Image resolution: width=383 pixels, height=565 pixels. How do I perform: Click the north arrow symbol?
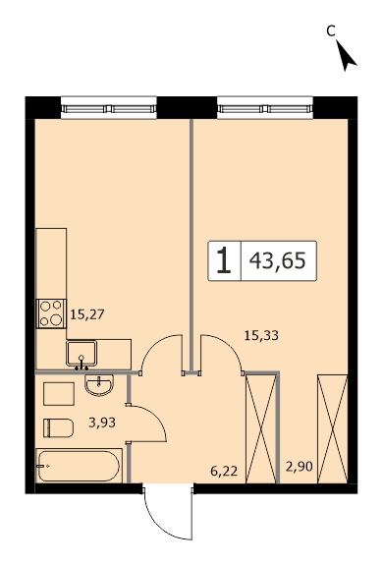click(346, 56)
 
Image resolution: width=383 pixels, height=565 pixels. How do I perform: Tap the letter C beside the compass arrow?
click(331, 31)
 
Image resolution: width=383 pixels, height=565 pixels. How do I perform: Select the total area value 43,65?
click(278, 260)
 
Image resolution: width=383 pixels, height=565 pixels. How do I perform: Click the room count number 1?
click(224, 260)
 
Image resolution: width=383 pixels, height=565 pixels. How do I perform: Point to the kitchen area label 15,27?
click(87, 314)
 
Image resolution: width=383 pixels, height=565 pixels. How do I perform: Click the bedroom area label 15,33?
click(261, 335)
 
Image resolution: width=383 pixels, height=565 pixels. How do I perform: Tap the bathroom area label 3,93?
click(102, 422)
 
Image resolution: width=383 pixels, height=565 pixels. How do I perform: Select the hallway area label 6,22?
click(224, 471)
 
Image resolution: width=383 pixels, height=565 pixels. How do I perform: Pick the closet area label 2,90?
click(300, 467)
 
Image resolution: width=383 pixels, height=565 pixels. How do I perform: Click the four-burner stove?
click(51, 313)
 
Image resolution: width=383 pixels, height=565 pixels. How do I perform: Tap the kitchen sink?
click(82, 354)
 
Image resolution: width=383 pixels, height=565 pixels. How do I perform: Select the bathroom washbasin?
click(99, 385)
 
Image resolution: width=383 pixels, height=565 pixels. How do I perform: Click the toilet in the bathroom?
click(58, 427)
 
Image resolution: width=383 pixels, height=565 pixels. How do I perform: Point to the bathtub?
click(79, 466)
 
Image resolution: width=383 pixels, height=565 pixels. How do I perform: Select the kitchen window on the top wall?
click(109, 108)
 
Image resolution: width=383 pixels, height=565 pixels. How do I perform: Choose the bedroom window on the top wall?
click(265, 108)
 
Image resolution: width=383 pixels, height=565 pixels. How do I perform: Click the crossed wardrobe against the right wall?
click(332, 428)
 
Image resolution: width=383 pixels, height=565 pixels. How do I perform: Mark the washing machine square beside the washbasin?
click(59, 394)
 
